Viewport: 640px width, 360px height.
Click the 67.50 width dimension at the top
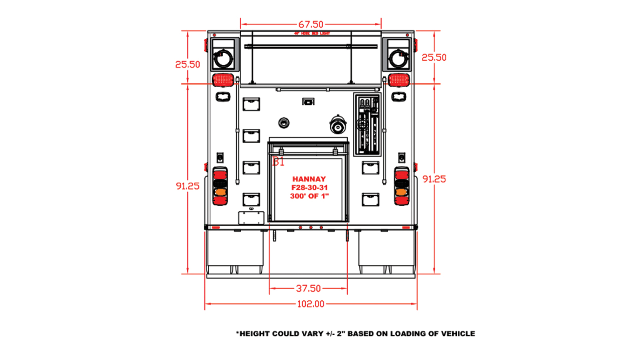(311, 24)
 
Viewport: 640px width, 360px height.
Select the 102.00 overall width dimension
(310, 304)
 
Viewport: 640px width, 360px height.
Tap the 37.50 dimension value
(308, 288)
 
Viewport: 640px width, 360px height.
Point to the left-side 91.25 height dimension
(188, 186)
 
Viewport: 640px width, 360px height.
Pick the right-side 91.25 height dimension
(434, 179)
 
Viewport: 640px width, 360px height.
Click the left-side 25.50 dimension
(188, 64)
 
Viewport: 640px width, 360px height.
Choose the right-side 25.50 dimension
(434, 58)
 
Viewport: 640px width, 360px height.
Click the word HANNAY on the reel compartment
(309, 179)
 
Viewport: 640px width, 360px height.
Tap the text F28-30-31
(309, 188)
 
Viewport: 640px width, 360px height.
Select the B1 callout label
(278, 162)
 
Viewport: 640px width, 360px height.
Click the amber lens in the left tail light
(220, 192)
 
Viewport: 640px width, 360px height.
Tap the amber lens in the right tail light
(401, 192)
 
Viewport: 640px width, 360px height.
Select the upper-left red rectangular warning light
(222, 80)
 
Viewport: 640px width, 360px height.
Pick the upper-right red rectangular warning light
(399, 80)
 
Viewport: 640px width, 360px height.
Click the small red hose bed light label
(312, 34)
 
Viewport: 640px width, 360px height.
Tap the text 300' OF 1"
(309, 196)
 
